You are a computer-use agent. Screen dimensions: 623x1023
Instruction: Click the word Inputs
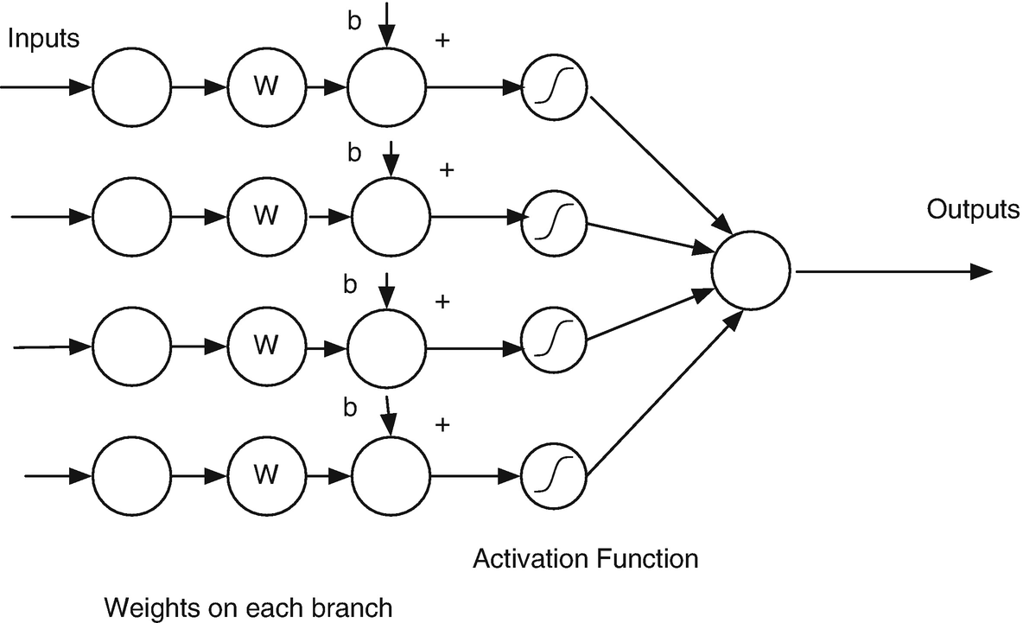click(42, 40)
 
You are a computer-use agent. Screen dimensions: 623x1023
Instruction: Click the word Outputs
click(973, 210)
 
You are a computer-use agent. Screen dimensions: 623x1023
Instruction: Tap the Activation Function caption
click(586, 559)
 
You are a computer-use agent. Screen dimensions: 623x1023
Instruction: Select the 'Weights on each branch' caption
click(249, 607)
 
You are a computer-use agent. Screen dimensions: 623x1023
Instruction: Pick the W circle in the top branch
click(267, 87)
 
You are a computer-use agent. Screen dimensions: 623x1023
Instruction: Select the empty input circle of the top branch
click(131, 87)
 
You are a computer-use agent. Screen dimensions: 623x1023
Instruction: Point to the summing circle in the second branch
click(391, 217)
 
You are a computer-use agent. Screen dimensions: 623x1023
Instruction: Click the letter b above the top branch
click(352, 23)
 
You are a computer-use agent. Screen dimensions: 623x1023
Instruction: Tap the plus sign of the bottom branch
click(444, 425)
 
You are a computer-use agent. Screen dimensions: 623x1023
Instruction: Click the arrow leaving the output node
click(890, 271)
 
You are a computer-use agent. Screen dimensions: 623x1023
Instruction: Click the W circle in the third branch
click(267, 345)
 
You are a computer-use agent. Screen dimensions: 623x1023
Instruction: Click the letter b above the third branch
click(351, 283)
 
